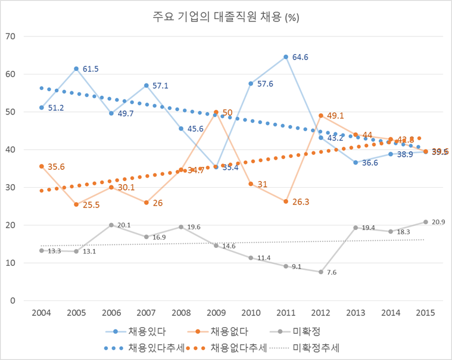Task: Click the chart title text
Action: pyautogui.click(x=226, y=17)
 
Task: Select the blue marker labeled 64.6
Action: pyautogui.click(x=286, y=57)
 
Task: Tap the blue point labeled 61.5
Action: pyautogui.click(x=76, y=69)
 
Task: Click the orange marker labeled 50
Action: pyautogui.click(x=216, y=112)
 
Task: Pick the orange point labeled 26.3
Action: pyautogui.click(x=286, y=201)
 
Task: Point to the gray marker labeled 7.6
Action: pyautogui.click(x=321, y=272)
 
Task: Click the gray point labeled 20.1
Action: pyautogui.click(x=111, y=225)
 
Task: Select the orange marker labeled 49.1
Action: pyautogui.click(x=321, y=115)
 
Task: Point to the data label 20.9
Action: pyautogui.click(x=438, y=222)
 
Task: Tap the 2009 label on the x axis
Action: pyautogui.click(x=216, y=313)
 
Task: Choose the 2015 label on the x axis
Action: pyautogui.click(x=426, y=313)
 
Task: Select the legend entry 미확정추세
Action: pyautogui.click(x=319, y=346)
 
